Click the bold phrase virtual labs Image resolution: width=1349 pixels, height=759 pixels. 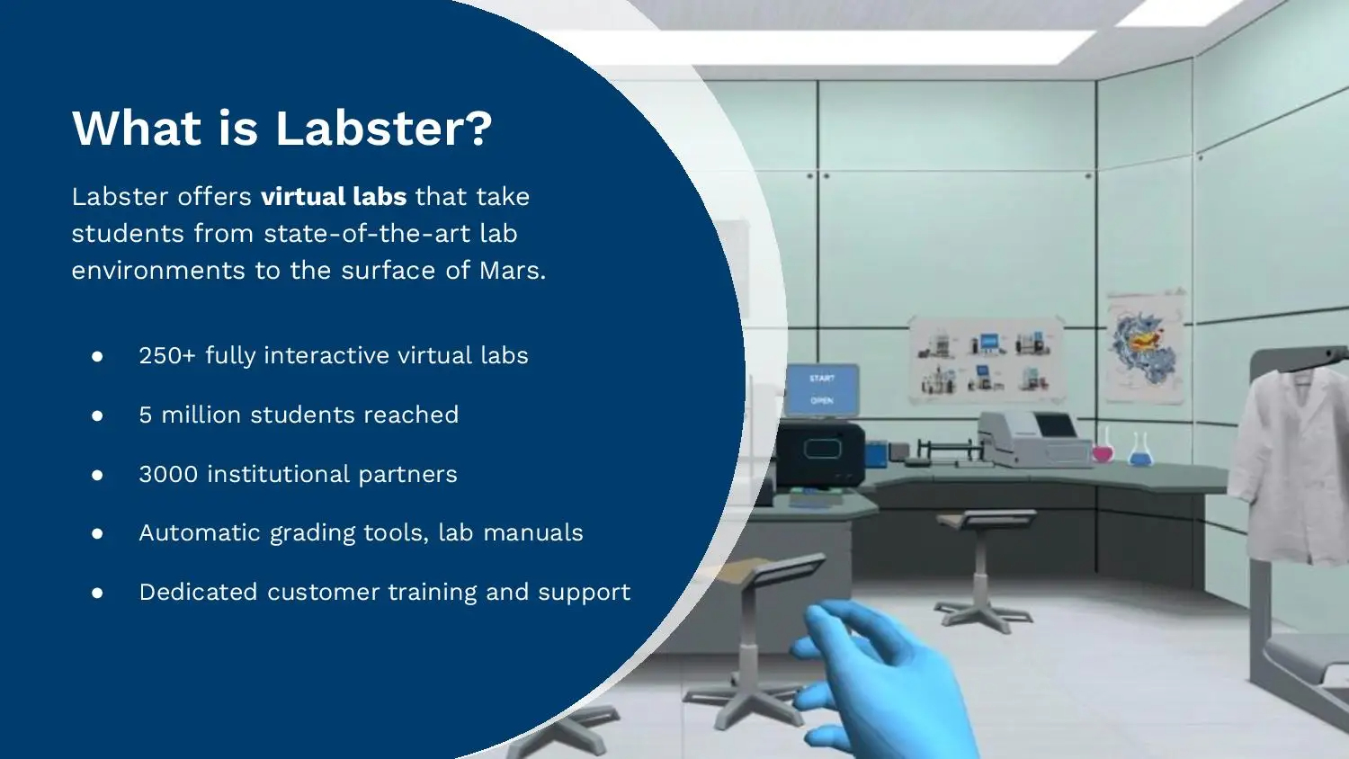point(334,197)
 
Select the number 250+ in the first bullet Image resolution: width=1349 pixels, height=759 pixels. point(166,356)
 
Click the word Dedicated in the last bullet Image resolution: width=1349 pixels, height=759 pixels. point(199,593)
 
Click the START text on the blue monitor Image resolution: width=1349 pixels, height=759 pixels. point(822,379)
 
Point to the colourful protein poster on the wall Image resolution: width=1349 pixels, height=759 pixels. point(1145,346)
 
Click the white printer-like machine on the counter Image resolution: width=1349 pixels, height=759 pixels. point(1034,438)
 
